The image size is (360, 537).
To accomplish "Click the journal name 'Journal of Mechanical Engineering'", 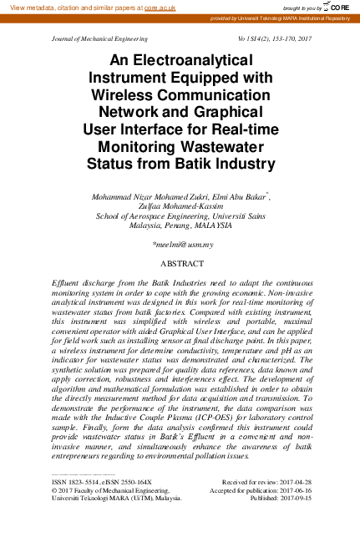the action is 99,38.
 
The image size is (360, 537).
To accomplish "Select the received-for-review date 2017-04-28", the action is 292,484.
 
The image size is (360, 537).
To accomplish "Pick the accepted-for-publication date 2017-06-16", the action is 292,492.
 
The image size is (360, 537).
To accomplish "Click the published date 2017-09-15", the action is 292,500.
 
